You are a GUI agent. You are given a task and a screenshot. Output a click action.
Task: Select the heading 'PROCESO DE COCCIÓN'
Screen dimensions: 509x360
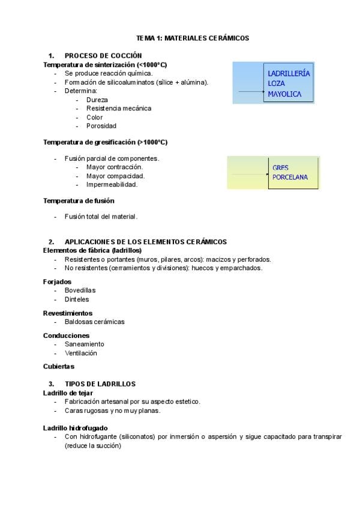pyautogui.click(x=103, y=55)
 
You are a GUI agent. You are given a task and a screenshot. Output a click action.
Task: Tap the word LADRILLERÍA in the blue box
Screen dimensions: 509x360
pyautogui.click(x=289, y=73)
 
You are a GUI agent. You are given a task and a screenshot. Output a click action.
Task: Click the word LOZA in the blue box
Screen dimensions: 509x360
pyautogui.click(x=277, y=84)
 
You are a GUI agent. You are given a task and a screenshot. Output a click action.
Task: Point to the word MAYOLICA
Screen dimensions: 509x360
pyautogui.click(x=284, y=94)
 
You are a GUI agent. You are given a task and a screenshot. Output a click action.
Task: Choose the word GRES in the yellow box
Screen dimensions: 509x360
pyautogui.click(x=281, y=168)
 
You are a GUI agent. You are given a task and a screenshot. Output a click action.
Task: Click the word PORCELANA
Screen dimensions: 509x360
pyautogui.click(x=290, y=177)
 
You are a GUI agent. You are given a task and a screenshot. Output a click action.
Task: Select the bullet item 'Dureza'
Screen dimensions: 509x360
pyautogui.click(x=97, y=100)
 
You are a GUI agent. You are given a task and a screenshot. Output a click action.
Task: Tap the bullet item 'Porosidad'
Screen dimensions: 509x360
pyautogui.click(x=101, y=126)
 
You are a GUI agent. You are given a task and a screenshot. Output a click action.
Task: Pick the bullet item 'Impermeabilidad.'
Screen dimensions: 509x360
pyautogui.click(x=112, y=184)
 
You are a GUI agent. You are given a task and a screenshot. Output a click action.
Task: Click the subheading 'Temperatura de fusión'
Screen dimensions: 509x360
pyautogui.click(x=79, y=200)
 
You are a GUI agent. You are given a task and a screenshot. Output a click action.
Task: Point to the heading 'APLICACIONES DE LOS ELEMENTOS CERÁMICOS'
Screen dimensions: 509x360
pyautogui.click(x=146, y=241)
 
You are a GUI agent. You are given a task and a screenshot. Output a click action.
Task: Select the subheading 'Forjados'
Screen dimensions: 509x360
pyautogui.click(x=57, y=281)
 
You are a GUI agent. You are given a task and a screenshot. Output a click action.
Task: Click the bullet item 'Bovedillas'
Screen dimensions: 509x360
pyautogui.click(x=80, y=290)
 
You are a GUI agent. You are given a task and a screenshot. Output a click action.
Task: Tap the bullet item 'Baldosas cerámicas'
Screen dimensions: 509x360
pyautogui.click(x=94, y=322)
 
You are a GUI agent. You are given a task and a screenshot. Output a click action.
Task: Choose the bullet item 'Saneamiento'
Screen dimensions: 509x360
pyautogui.click(x=84, y=344)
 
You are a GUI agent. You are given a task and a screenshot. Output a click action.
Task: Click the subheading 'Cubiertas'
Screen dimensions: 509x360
pyautogui.click(x=59, y=366)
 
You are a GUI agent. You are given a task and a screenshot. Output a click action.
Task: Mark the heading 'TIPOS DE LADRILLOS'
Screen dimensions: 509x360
pyautogui.click(x=100, y=384)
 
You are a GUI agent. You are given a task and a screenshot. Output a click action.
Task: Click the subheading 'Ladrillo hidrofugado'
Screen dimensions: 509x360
pyautogui.click(x=76, y=428)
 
